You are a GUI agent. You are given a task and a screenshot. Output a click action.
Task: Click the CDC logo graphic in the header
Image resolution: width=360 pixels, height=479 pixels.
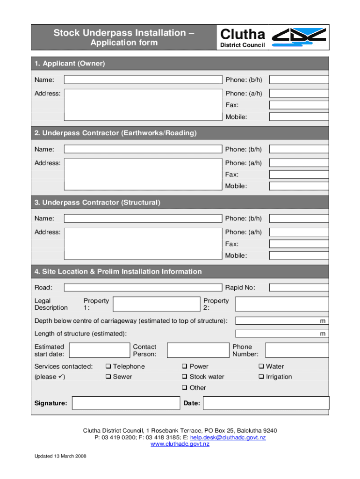point(299,37)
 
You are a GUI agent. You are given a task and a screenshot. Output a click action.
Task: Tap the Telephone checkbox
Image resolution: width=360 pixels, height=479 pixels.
point(108,366)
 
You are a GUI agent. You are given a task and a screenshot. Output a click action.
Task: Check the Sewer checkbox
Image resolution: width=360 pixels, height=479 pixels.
point(108,377)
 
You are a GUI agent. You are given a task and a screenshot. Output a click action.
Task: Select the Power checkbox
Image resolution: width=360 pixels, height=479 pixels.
point(185,366)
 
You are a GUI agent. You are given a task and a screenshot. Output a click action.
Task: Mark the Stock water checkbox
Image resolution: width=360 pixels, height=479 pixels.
point(185,377)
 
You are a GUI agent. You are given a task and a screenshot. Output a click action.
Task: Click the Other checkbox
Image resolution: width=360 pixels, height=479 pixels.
point(185,387)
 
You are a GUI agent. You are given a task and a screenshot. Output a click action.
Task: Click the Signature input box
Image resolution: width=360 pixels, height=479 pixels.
point(126,403)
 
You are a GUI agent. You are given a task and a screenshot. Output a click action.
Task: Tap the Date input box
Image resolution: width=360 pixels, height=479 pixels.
point(266,403)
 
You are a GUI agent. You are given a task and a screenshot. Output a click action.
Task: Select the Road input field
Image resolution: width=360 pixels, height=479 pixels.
point(143,287)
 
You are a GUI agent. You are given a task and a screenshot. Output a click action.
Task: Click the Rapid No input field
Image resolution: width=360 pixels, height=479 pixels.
point(299,287)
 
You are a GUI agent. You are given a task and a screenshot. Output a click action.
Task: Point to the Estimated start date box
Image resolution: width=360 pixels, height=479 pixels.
point(99,350)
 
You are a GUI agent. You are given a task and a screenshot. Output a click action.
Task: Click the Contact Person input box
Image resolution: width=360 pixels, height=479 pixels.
point(197,350)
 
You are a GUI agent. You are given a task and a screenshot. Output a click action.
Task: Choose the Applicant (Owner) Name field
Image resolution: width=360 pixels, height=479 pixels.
point(143,80)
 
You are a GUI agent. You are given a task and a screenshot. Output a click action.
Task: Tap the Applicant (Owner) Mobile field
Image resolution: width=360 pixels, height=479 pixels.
point(299,117)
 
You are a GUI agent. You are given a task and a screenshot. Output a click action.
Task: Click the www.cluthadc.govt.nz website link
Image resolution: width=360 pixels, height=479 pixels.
point(180,444)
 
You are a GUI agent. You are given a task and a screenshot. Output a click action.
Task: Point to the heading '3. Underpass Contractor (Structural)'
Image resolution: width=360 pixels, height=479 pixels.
point(97,203)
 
